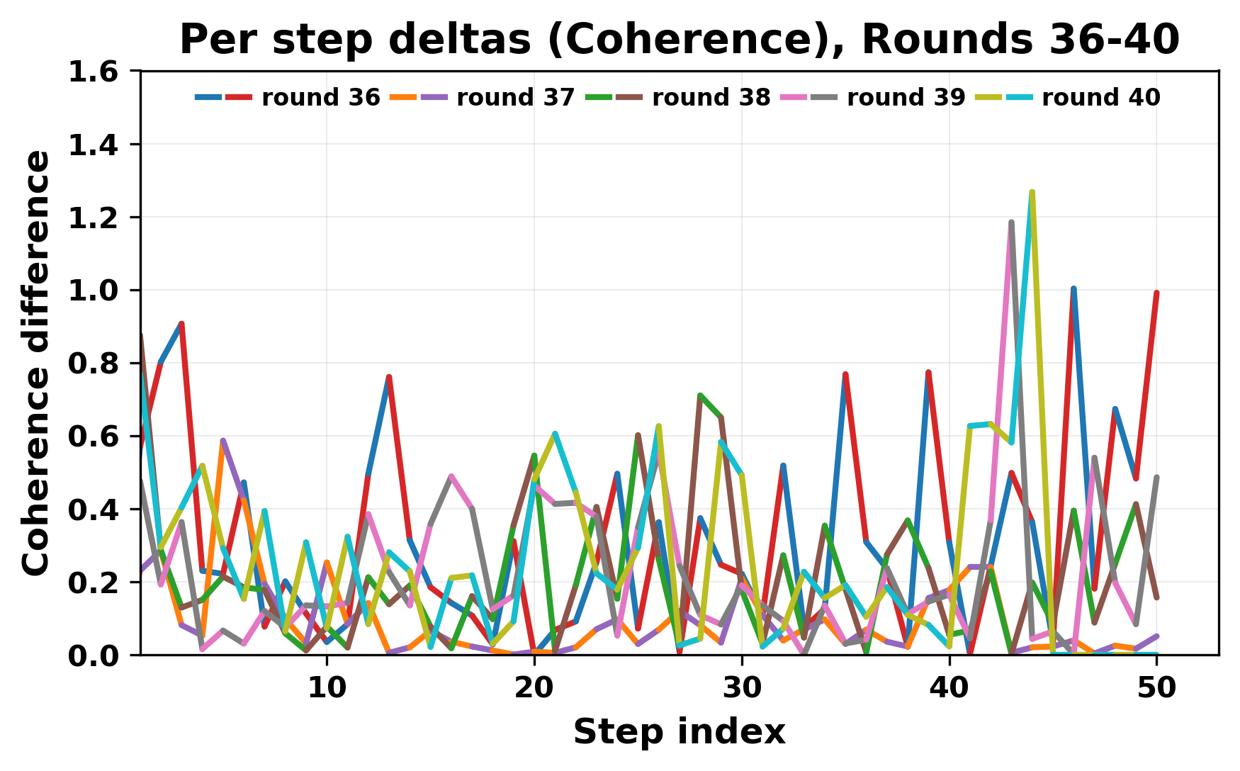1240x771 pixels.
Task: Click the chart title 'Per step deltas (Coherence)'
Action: tap(679, 40)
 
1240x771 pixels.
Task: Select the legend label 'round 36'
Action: tap(321, 98)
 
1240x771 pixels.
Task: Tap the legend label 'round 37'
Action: tap(515, 98)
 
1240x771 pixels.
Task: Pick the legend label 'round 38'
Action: tap(711, 98)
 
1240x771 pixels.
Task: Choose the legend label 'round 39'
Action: tap(906, 98)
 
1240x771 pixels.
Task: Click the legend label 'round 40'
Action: tap(1100, 98)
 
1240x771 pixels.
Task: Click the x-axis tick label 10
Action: tap(327, 688)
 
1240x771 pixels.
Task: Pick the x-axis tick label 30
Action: tap(741, 688)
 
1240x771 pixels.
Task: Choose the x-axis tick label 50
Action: tap(1156, 688)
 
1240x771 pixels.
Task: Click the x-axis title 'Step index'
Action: tap(679, 732)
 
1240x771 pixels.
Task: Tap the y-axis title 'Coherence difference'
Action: tap(37, 363)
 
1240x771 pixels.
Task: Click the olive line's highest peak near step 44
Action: tap(1032, 192)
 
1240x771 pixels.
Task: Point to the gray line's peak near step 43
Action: tap(1011, 222)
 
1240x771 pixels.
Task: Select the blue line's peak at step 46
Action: tap(1073, 288)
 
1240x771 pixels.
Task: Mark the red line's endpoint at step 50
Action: tap(1156, 293)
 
